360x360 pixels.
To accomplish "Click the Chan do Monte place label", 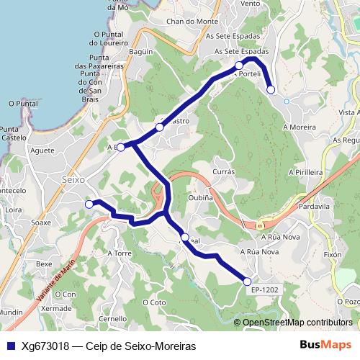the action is pos(192,22).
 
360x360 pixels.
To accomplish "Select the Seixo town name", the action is pos(73,179).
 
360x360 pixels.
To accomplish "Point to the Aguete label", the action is pos(43,150).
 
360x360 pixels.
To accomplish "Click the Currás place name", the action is pos(225,172).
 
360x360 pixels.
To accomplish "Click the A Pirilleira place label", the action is pos(305,173).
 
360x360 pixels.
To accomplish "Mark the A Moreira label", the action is pos(300,127).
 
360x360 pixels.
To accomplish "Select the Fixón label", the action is pos(333,255).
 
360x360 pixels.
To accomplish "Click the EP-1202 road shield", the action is pos(265,289).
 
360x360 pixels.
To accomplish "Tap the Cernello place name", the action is pos(113,318).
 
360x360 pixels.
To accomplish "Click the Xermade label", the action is pos(57,307).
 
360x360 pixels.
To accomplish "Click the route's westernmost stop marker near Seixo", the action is pos(89,204).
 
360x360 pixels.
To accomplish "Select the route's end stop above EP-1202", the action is pos(248,282).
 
